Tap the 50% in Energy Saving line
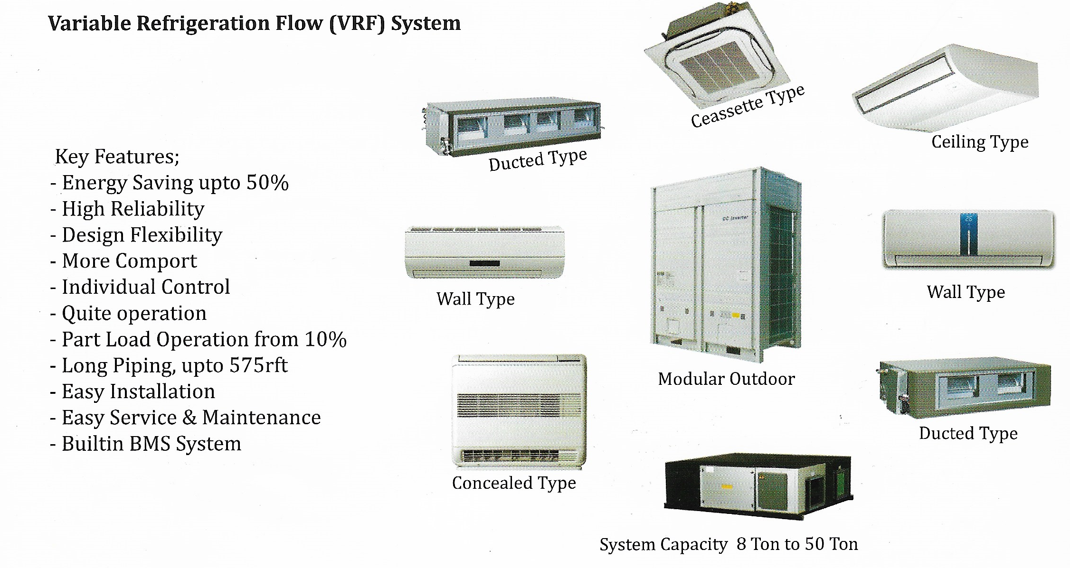pyautogui.click(x=267, y=183)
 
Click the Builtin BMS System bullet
pyautogui.click(x=151, y=444)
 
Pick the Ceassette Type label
pyautogui.click(x=748, y=106)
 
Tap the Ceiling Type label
pyautogui.click(x=980, y=141)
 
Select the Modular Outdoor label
pyautogui.click(x=726, y=379)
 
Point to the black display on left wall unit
pyautogui.click(x=484, y=263)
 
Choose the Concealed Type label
pyautogui.click(x=514, y=483)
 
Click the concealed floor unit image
pyautogui.click(x=519, y=410)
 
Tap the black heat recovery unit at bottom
pyautogui.click(x=758, y=486)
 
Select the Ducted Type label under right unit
pyautogui.click(x=968, y=433)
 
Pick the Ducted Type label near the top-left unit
pyautogui.click(x=538, y=160)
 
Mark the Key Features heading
pyautogui.click(x=117, y=157)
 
